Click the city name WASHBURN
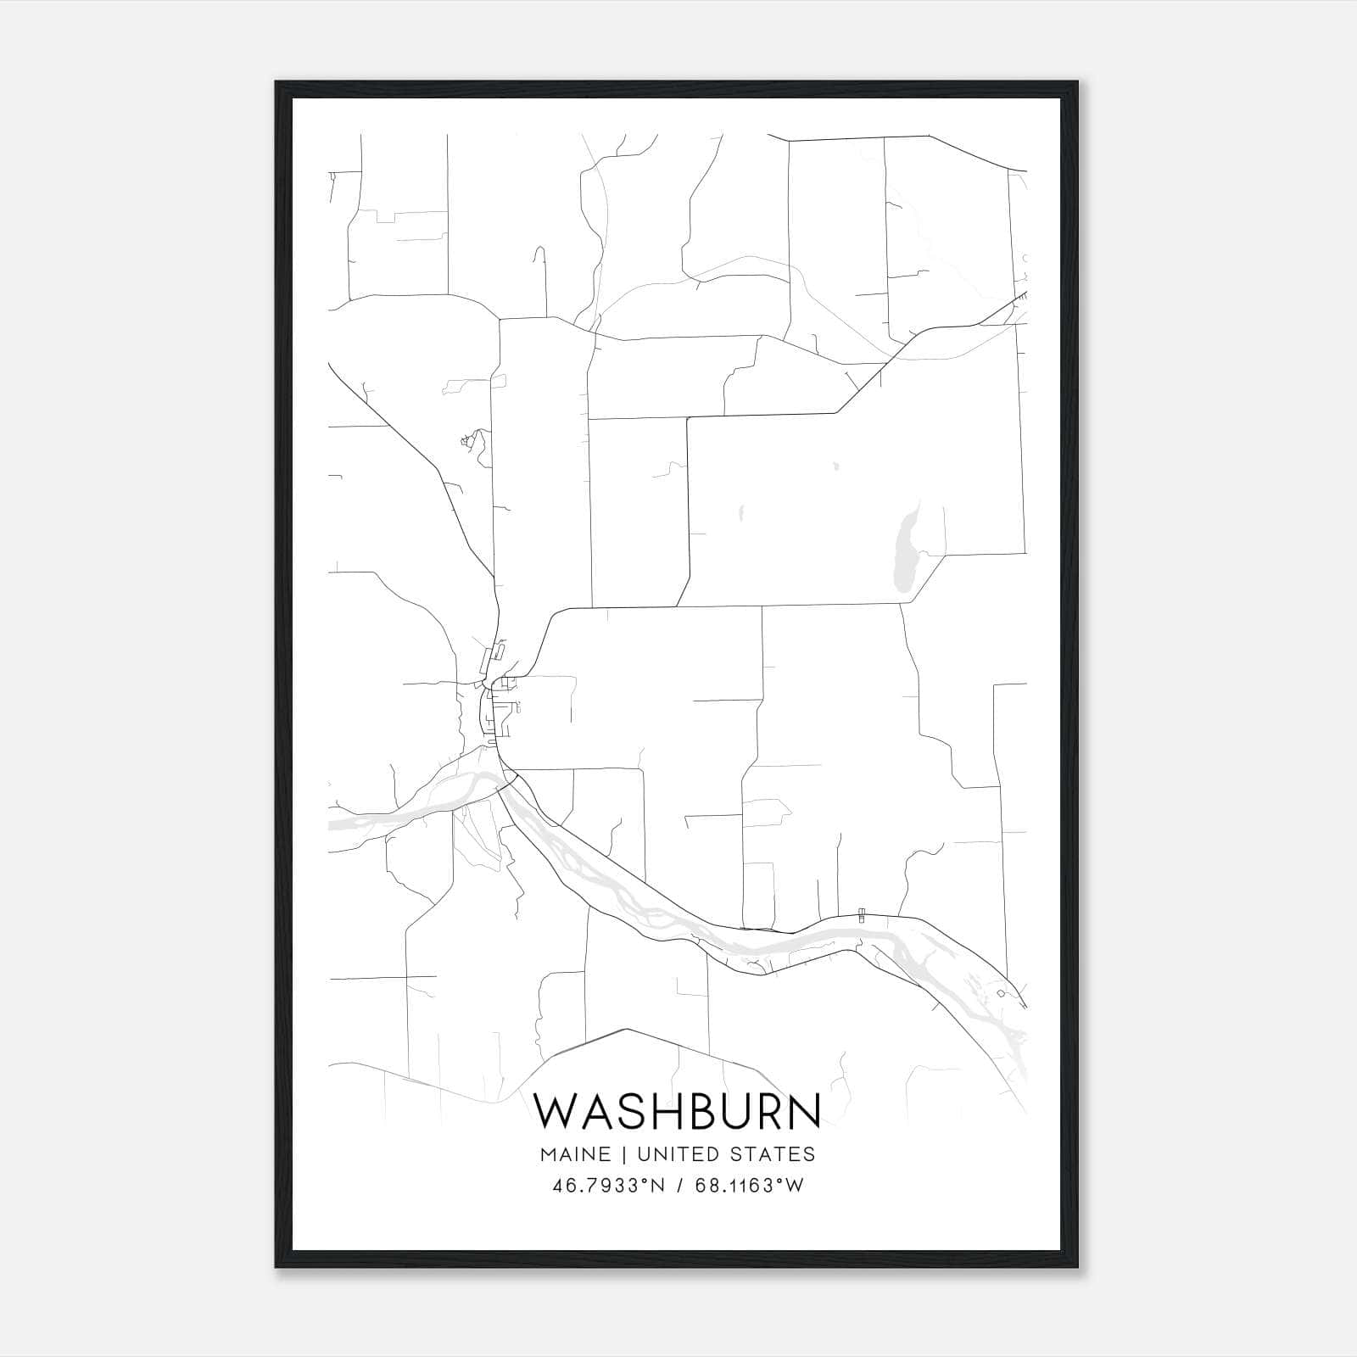pos(678,1110)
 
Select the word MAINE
pos(572,1154)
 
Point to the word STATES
pos(775,1154)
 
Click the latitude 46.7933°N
pos(608,1186)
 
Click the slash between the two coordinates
pos(679,1186)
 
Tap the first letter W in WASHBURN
pos(556,1110)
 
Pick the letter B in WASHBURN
pos(694,1110)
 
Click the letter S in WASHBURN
pos(626,1110)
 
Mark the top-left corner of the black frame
pos(277,83)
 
